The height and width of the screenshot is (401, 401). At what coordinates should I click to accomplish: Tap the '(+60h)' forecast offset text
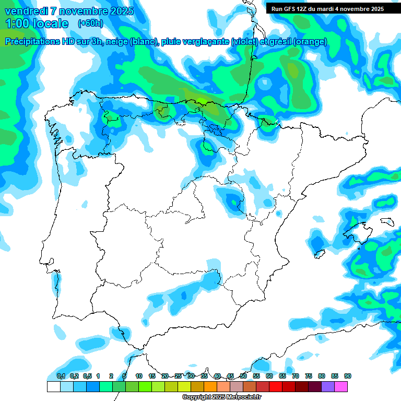(x=90, y=23)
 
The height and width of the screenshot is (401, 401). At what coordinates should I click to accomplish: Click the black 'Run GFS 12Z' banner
(x=325, y=8)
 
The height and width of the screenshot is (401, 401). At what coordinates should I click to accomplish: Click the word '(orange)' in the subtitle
(x=310, y=42)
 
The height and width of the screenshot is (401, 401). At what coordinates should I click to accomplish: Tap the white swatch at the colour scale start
(x=53, y=387)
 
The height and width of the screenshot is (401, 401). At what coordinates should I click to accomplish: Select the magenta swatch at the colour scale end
(x=341, y=387)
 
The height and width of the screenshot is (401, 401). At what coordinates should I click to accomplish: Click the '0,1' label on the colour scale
(x=61, y=376)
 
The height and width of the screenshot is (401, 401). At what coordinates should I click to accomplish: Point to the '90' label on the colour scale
(x=348, y=376)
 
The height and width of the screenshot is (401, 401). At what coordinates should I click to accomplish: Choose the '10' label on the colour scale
(x=139, y=376)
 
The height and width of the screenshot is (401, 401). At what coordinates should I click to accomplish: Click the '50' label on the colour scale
(x=243, y=376)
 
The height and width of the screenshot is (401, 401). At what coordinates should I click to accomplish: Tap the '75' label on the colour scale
(x=309, y=376)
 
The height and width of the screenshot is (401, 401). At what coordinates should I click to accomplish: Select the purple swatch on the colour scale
(x=328, y=387)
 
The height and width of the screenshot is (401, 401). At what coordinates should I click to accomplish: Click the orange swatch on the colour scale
(x=210, y=387)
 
